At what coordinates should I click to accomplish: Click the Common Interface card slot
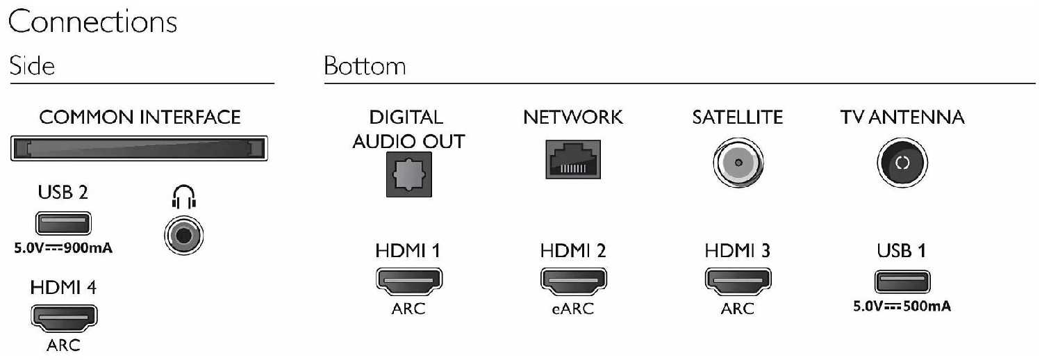[x=139, y=148]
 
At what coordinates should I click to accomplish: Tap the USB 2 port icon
[x=63, y=223]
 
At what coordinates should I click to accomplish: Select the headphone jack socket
[x=184, y=236]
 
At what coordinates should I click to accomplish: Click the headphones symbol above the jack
[x=184, y=197]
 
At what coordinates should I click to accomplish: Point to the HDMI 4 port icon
[x=64, y=318]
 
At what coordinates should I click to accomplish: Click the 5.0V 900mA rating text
[x=63, y=248]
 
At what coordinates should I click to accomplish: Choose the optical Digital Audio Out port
[x=409, y=174]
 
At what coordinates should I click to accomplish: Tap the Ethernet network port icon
[x=573, y=160]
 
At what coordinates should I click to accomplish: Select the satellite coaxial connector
[x=738, y=163]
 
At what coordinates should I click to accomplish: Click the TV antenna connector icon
[x=902, y=163]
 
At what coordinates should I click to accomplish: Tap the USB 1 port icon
[x=902, y=282]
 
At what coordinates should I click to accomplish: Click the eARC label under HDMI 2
[x=573, y=309]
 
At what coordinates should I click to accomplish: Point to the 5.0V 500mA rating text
[x=902, y=306]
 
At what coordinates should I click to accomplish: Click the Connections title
[x=92, y=22]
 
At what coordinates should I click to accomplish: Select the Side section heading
[x=32, y=65]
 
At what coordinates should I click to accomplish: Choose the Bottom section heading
[x=365, y=65]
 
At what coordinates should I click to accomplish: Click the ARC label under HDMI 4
[x=63, y=345]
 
